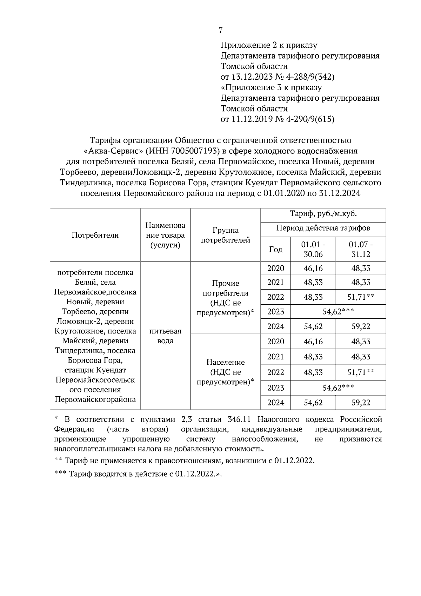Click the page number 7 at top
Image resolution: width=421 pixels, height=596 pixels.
220,31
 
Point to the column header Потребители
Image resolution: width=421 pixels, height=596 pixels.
95,235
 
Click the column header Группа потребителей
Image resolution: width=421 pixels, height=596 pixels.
225,235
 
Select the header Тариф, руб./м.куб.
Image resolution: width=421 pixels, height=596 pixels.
323,214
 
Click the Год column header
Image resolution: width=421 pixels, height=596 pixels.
275,249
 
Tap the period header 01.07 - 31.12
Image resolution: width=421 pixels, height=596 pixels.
361,249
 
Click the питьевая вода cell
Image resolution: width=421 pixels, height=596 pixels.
165,336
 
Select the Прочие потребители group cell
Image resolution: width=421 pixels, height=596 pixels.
225,298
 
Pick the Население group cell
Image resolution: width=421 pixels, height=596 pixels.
225,372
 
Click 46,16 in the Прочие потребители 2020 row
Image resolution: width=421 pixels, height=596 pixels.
313,269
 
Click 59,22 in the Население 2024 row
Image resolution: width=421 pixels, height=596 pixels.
361,403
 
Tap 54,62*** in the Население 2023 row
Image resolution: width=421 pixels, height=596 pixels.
338,388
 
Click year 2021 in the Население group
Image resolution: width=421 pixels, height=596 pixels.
275,357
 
